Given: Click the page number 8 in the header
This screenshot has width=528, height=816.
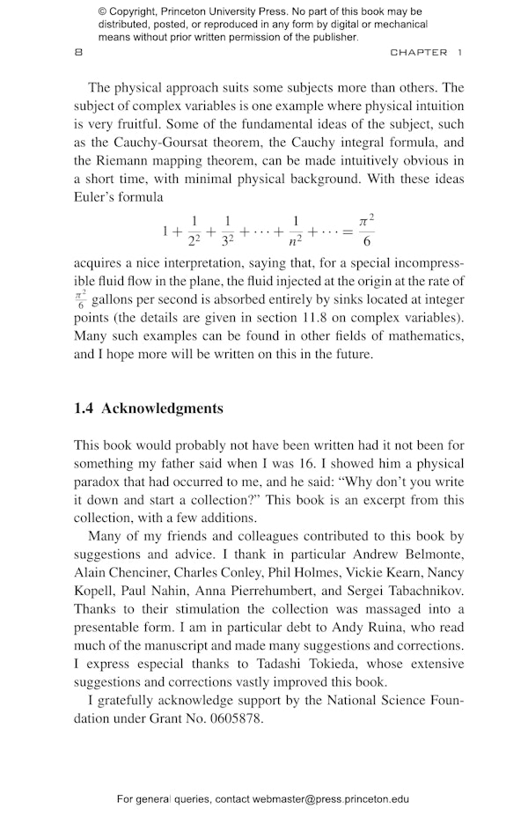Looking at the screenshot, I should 79,53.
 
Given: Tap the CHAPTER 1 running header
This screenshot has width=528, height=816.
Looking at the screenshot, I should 426,53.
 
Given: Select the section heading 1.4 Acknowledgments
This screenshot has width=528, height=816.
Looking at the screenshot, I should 149,408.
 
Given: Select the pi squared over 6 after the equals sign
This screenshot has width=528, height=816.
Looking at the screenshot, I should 367,232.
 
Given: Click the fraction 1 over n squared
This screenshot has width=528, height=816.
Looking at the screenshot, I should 297,232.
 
